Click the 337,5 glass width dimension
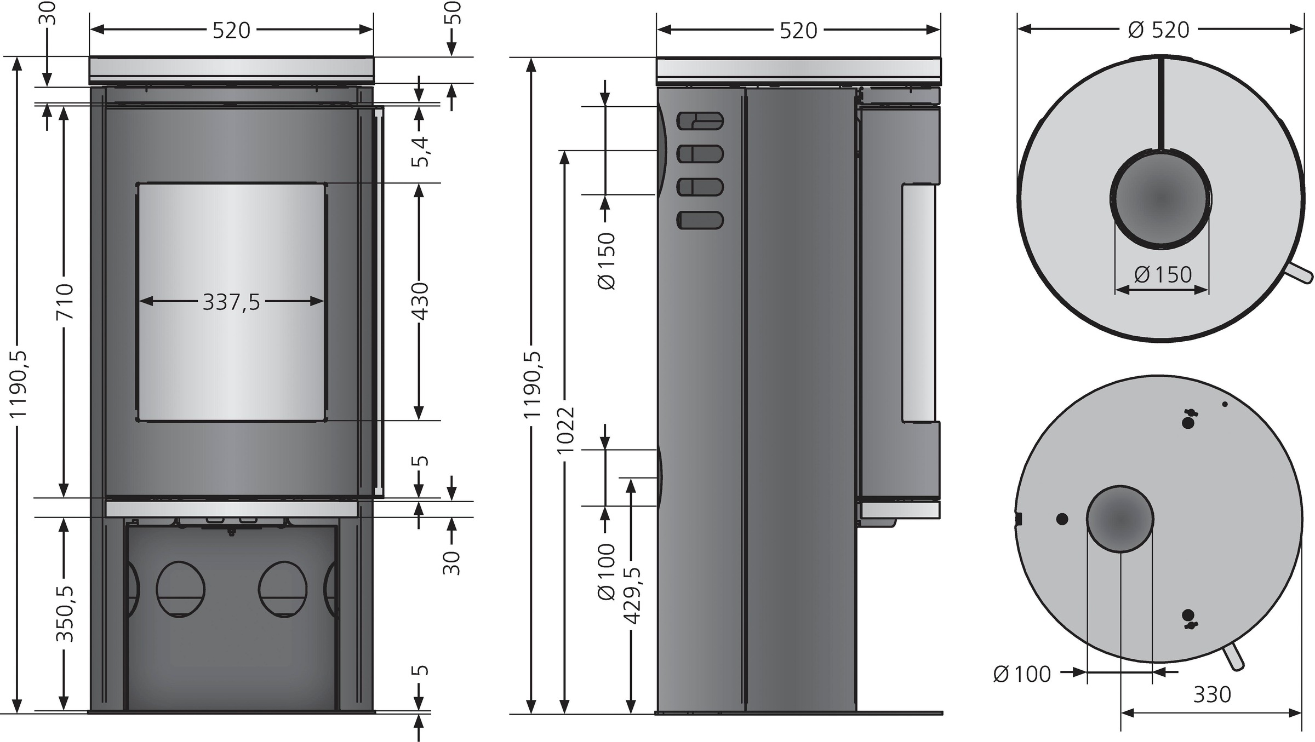pos(231,302)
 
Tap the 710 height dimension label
pos(65,301)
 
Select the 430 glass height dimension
pos(420,301)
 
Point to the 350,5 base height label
pos(65,613)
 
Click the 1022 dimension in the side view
pos(565,430)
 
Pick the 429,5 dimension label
pos(632,596)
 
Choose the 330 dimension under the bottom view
pos(1212,694)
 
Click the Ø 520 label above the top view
pos(1159,30)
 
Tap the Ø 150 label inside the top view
pos(1163,274)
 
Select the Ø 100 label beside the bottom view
pos(1022,674)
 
